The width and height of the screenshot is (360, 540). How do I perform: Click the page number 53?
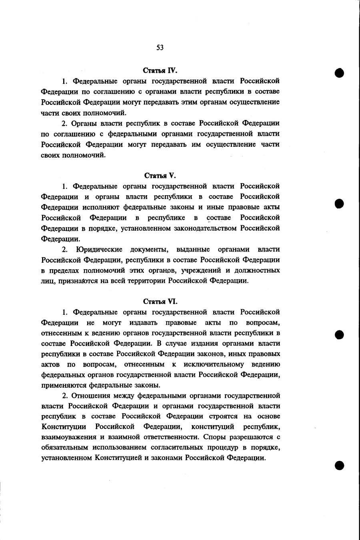(160, 48)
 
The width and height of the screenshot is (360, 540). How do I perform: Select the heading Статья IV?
(160, 70)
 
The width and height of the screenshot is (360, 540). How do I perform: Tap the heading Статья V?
(160, 175)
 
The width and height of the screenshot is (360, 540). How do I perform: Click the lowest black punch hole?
(340, 465)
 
